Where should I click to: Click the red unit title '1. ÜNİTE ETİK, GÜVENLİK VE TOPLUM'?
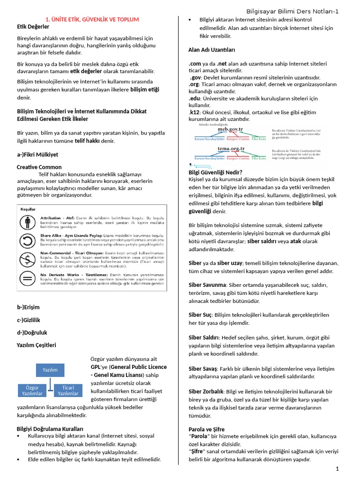92,19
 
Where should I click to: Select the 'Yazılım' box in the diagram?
50,370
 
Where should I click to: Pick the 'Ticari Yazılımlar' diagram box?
68,390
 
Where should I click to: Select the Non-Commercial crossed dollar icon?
29,259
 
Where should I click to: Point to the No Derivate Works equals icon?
29,278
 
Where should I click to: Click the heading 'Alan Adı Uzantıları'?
211,50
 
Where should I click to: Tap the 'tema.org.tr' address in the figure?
231,149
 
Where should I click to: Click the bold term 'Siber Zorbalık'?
206,391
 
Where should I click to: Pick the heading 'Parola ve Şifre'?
206,429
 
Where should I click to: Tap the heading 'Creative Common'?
39,167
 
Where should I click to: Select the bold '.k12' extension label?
194,113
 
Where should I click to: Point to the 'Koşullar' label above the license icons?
28,209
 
